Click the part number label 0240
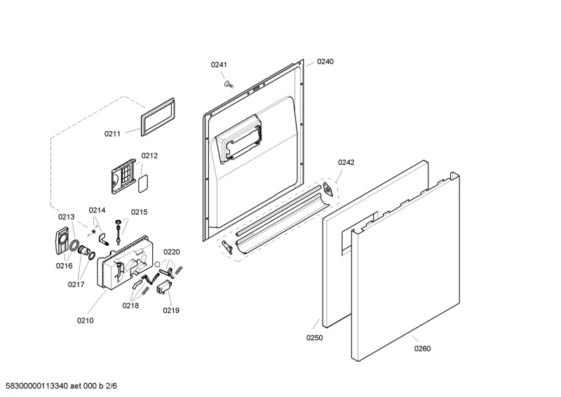coord(325,62)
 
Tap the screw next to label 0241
coord(228,84)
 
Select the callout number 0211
coord(112,134)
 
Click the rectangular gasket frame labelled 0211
coord(158,116)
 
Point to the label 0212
coord(149,156)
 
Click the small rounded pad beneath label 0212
coord(143,184)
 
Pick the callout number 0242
coord(346,163)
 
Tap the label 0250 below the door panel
coord(314,338)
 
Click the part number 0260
coord(423,349)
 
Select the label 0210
coord(85,321)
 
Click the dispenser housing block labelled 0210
coord(125,263)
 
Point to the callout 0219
coord(171,311)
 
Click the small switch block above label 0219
coord(164,288)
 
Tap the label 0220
coord(171,252)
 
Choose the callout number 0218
coord(130,306)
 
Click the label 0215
coord(139,213)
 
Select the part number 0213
coord(67,217)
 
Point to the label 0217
coord(76,285)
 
